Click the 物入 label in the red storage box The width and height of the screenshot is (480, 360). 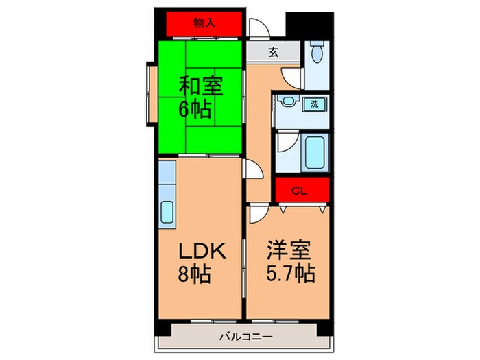[204, 23]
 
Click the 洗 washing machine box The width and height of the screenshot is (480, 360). [315, 105]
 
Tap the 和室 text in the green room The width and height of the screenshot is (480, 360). [201, 88]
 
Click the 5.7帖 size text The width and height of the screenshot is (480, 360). [290, 274]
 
